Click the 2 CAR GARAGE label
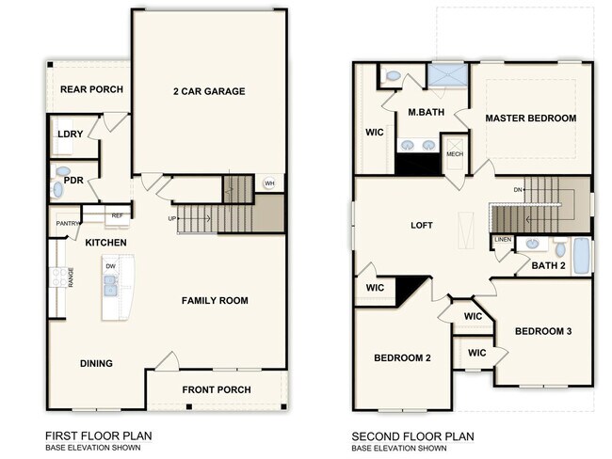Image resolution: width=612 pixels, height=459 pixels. point(208,91)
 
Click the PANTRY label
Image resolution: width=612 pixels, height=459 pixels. point(68,223)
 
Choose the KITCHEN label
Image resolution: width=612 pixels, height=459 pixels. point(105,243)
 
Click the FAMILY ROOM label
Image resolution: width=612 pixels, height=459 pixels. point(215,301)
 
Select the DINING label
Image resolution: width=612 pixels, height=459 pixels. point(96,363)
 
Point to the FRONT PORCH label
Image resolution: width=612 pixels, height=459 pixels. point(217,389)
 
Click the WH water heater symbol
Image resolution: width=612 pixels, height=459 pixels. point(269,183)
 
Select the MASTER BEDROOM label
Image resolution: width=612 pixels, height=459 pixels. point(530,119)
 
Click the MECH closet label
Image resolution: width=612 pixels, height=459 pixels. point(455,154)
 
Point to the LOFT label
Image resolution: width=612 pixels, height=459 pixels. point(421,226)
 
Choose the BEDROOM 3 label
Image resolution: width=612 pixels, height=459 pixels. point(542,331)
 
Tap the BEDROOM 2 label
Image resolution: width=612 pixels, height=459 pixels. point(402,358)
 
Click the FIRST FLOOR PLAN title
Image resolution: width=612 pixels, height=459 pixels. point(99,436)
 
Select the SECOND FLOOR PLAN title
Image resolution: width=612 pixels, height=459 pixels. point(412,436)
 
